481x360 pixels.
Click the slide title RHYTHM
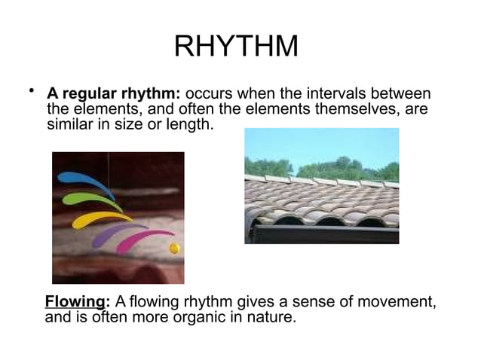pyautogui.click(x=236, y=47)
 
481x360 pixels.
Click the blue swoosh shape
pyautogui.click(x=85, y=182)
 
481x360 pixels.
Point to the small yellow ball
pyautogui.click(x=175, y=248)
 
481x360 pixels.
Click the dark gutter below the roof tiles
pyautogui.click(x=324, y=234)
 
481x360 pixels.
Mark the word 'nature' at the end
pyautogui.click(x=272, y=317)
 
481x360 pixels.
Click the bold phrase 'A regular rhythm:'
pyautogui.click(x=114, y=94)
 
